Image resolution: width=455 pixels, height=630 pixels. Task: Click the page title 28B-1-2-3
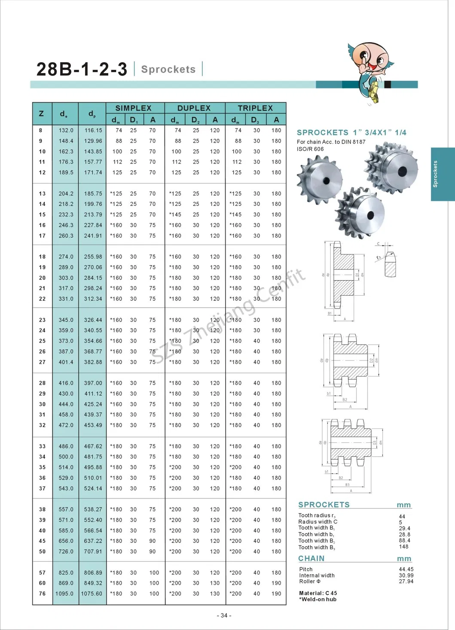click(82, 69)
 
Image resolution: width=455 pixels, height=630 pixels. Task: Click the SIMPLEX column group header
click(133, 108)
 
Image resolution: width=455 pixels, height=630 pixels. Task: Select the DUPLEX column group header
click(194, 108)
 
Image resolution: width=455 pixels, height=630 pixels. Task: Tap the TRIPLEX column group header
click(255, 108)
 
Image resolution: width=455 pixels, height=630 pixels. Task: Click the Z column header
click(41, 114)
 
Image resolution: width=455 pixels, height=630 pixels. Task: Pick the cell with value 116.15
click(93, 130)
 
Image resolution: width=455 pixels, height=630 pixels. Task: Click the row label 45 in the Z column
click(42, 541)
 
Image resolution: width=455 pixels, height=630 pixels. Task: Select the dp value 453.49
click(93, 425)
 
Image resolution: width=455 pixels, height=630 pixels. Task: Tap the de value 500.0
click(66, 457)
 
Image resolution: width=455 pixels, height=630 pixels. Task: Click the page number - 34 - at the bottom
click(224, 615)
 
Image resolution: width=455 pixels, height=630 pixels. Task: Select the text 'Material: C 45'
click(318, 593)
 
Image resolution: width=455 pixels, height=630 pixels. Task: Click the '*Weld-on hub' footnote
click(318, 599)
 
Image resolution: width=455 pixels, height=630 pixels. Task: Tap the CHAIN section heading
click(311, 558)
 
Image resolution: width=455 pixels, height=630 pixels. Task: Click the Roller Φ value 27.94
click(406, 581)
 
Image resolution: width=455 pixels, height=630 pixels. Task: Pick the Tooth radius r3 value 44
click(402, 517)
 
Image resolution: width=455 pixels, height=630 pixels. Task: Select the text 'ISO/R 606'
click(310, 149)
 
